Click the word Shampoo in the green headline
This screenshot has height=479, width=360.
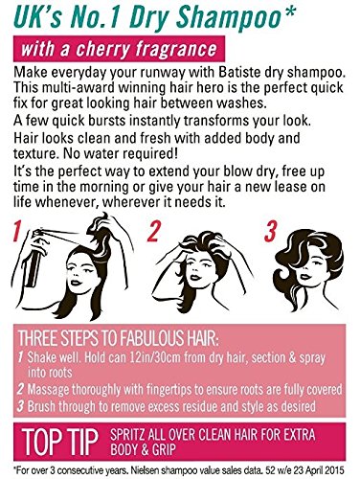point(228,17)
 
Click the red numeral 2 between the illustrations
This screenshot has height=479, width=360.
point(153,231)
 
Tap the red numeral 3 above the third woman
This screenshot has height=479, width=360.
point(270,231)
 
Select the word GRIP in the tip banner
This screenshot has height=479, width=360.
point(165,449)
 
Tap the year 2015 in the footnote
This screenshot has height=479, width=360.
point(335,470)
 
